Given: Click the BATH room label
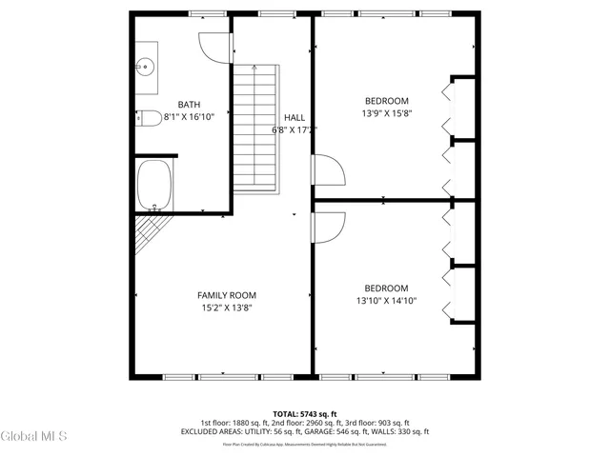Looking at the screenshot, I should click(x=189, y=104).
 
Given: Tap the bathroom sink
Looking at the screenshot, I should click(x=146, y=67).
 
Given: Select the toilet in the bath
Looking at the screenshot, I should click(x=150, y=118).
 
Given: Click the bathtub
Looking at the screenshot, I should click(x=153, y=186).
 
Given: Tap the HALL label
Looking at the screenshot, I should click(x=295, y=117).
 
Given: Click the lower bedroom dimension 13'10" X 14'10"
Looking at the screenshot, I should click(x=386, y=301).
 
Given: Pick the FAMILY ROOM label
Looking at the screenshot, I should click(x=227, y=295).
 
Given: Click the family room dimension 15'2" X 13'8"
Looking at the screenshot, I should click(x=227, y=308).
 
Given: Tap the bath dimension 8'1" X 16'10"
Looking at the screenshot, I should click(x=189, y=117).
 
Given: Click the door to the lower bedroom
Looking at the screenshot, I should click(x=329, y=229).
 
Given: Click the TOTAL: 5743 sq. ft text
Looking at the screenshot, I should click(x=304, y=414).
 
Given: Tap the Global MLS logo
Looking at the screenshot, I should click(x=34, y=437).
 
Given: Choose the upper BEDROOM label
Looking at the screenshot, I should click(x=386, y=101).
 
